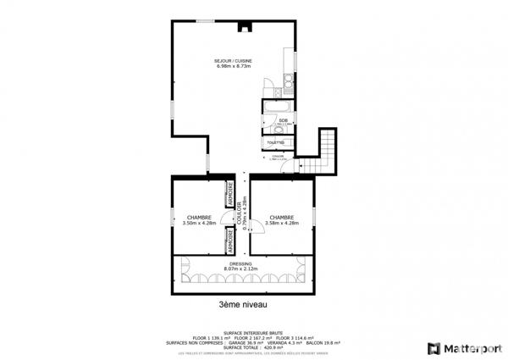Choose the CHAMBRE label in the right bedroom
tap(282, 218)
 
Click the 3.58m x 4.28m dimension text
tap(282, 224)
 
